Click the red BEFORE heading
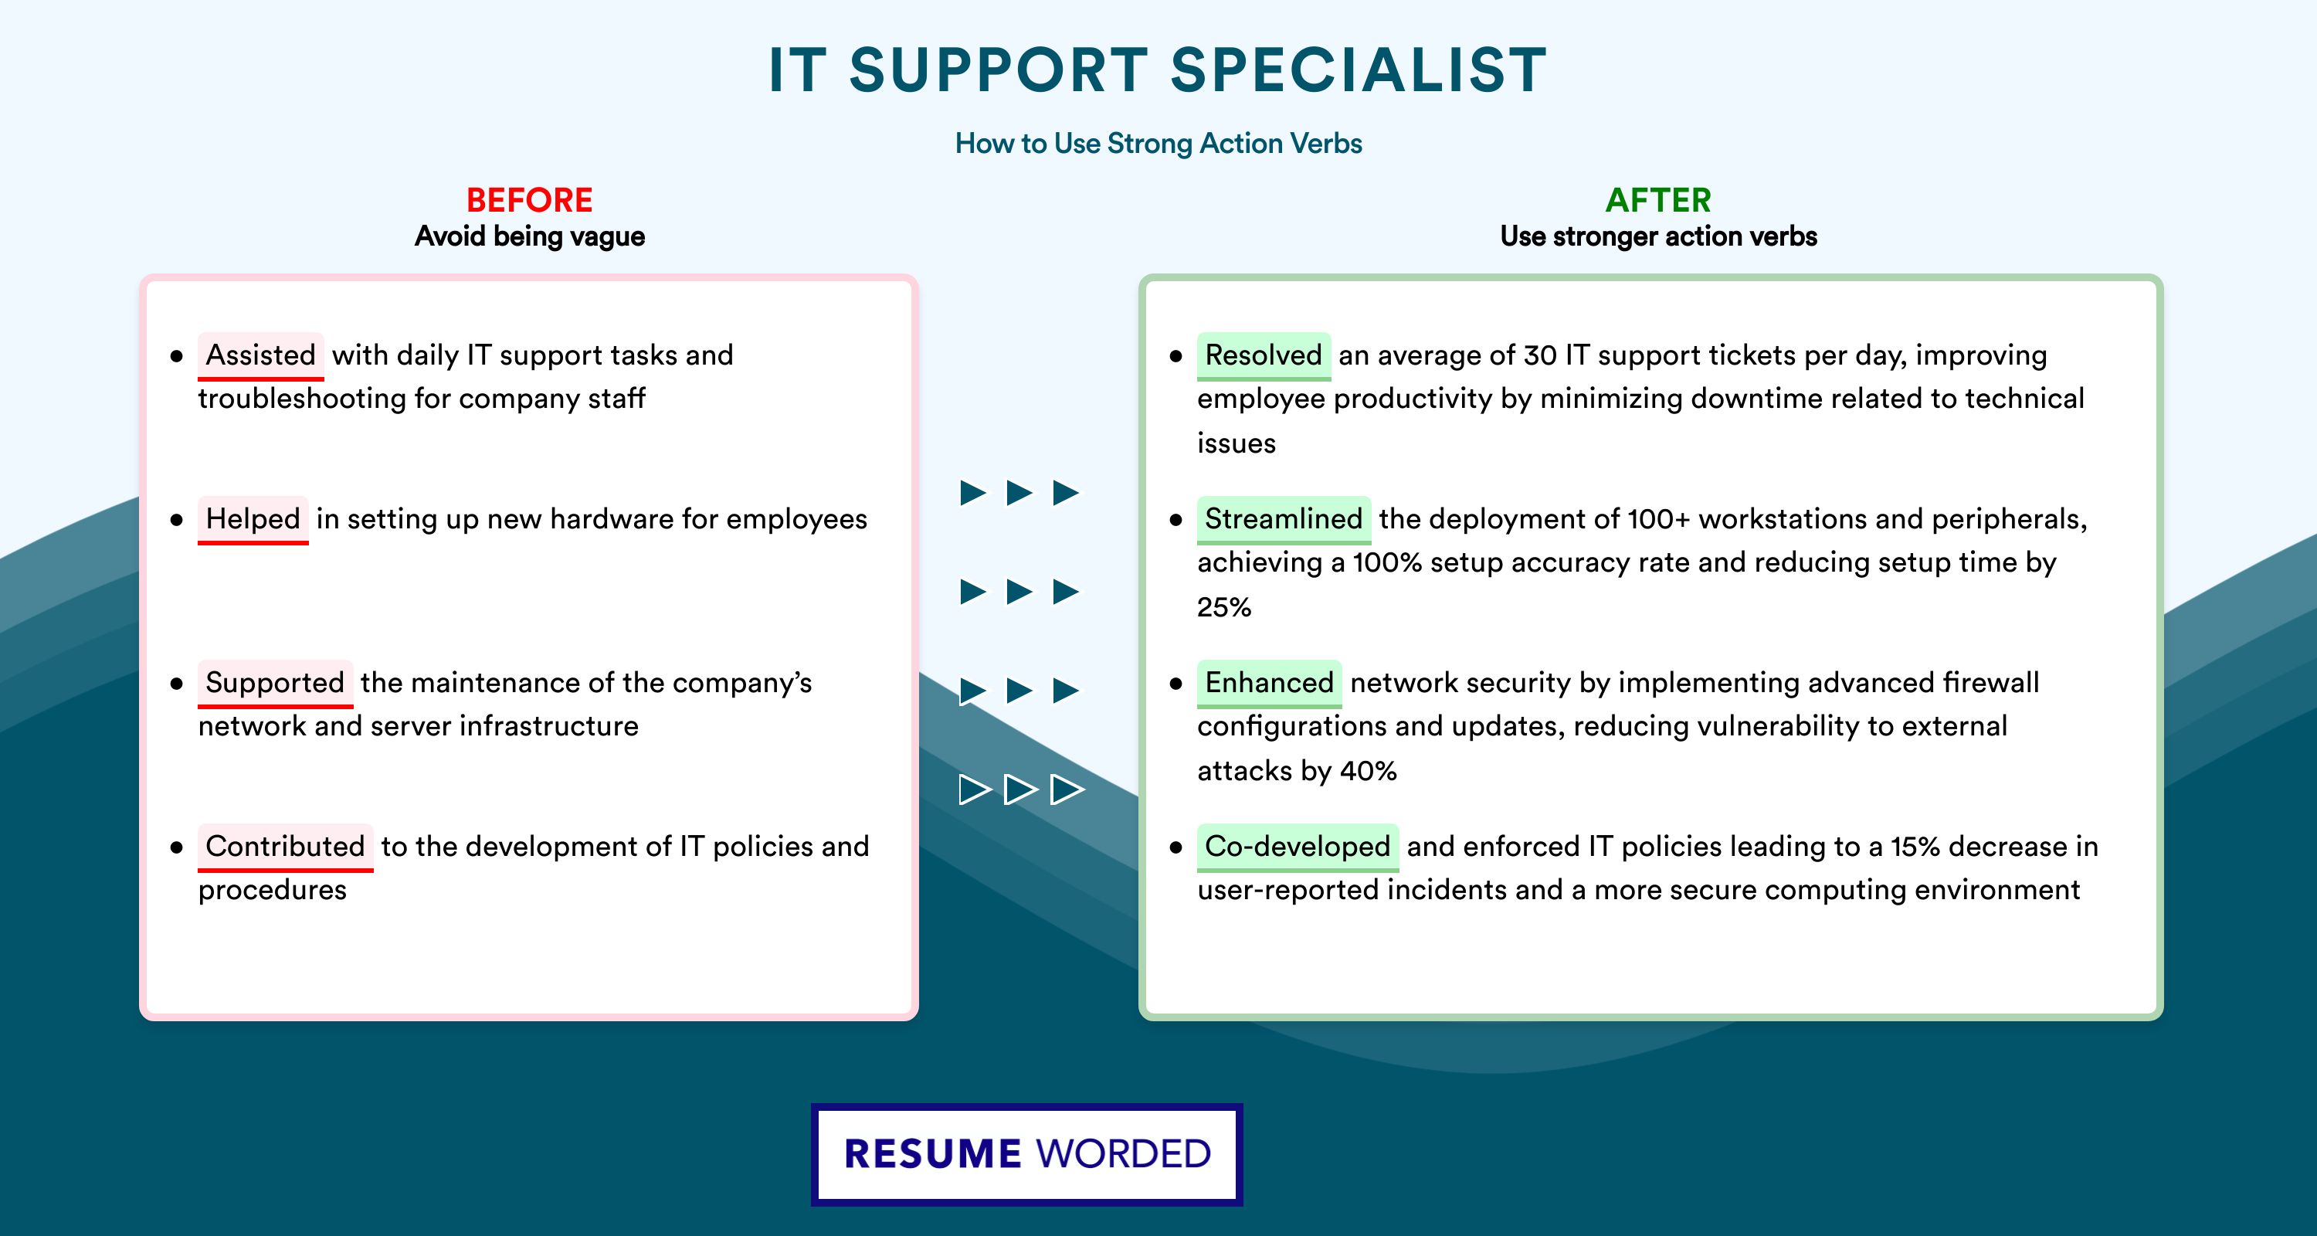[x=529, y=200]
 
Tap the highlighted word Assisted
[x=261, y=355]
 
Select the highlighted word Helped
[x=253, y=519]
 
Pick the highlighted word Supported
[x=275, y=683]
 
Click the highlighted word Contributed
[x=285, y=847]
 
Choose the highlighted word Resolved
[x=1264, y=355]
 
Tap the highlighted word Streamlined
[x=1284, y=519]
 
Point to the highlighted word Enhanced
[x=1269, y=683]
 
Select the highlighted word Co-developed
[x=1298, y=847]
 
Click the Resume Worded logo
[x=1027, y=1154]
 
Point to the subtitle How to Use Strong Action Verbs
[x=1158, y=143]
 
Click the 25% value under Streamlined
[x=1224, y=607]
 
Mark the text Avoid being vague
[x=530, y=236]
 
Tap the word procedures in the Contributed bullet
[x=273, y=891]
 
